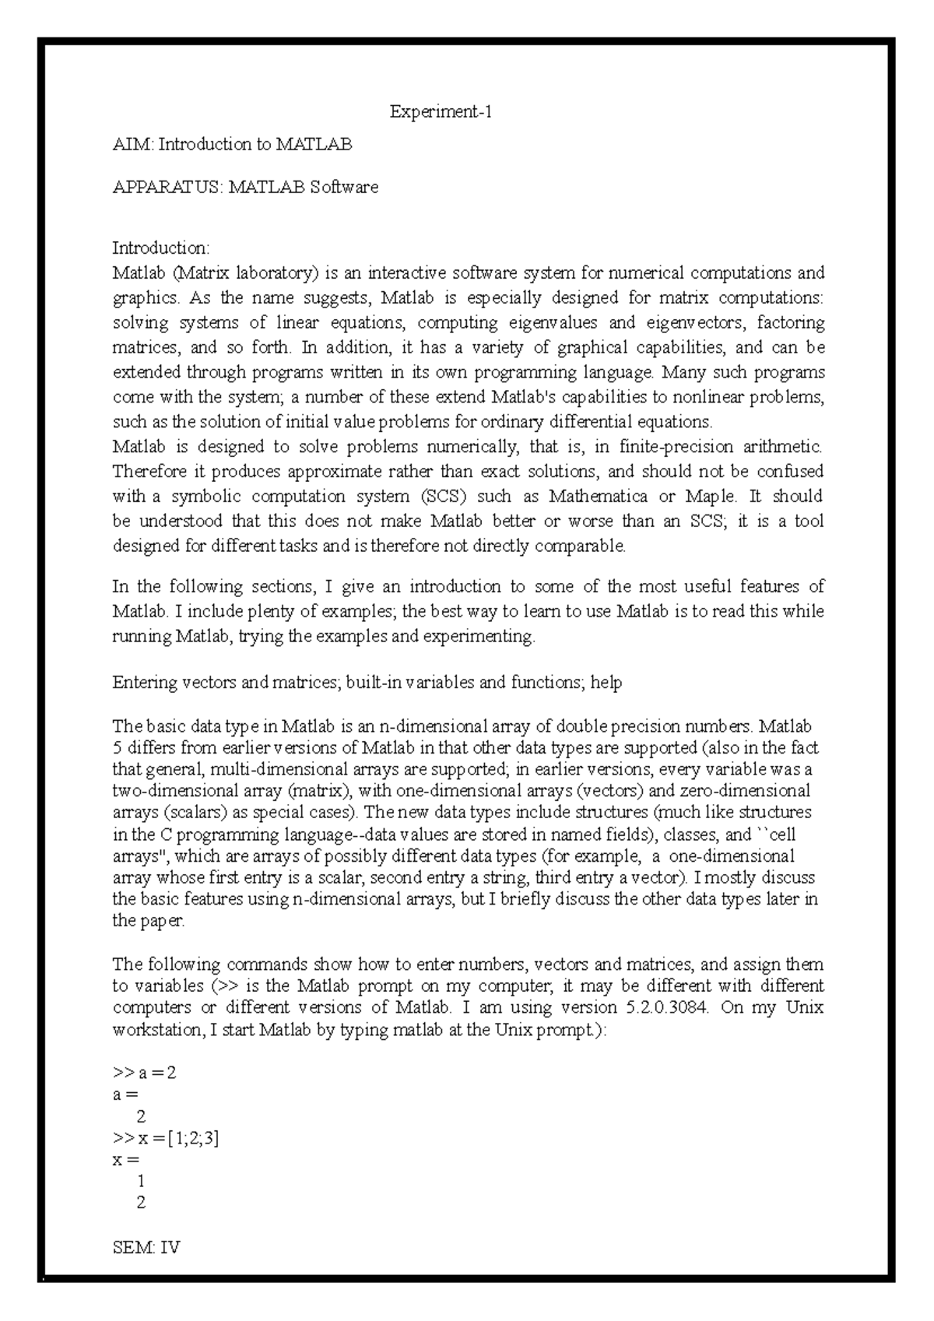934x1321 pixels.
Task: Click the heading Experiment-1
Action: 441,113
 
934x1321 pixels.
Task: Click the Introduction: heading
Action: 160,248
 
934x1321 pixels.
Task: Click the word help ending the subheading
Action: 606,683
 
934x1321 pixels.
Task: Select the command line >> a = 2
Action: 145,1073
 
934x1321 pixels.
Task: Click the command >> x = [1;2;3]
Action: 166,1138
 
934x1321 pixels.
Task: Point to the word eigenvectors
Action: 691,323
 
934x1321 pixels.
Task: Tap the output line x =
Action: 126,1160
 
